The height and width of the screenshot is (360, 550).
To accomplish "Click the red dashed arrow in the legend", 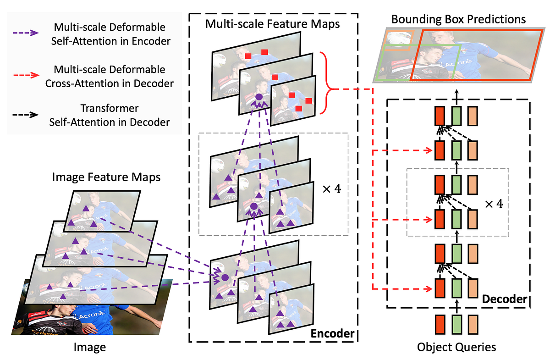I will coord(27,76).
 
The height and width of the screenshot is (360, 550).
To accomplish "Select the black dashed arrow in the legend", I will coord(27,116).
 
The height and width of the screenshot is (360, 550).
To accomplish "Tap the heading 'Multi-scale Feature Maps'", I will coord(273,24).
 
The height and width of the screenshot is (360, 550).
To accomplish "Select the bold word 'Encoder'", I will coord(332,333).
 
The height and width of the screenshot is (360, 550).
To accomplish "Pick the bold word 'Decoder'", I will coord(505,299).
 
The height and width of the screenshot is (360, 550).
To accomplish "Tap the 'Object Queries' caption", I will coord(456,347).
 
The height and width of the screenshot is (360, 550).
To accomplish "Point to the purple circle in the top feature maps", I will coord(258,97).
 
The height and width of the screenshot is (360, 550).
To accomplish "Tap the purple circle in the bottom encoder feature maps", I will coord(225,277).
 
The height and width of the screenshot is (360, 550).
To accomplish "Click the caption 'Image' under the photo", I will coord(89,348).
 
